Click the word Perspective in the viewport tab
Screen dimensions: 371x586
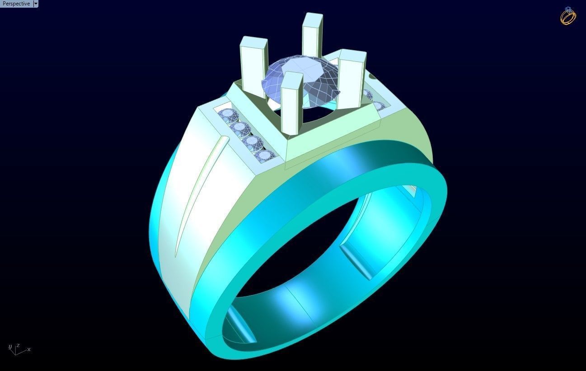tap(16, 4)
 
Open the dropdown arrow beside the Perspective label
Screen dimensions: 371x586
tap(36, 4)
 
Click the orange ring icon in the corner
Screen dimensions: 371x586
tap(568, 16)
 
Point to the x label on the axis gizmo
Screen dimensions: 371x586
tap(29, 349)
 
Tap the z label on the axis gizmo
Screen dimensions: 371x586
tap(18, 346)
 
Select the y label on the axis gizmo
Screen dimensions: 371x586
tap(10, 347)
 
